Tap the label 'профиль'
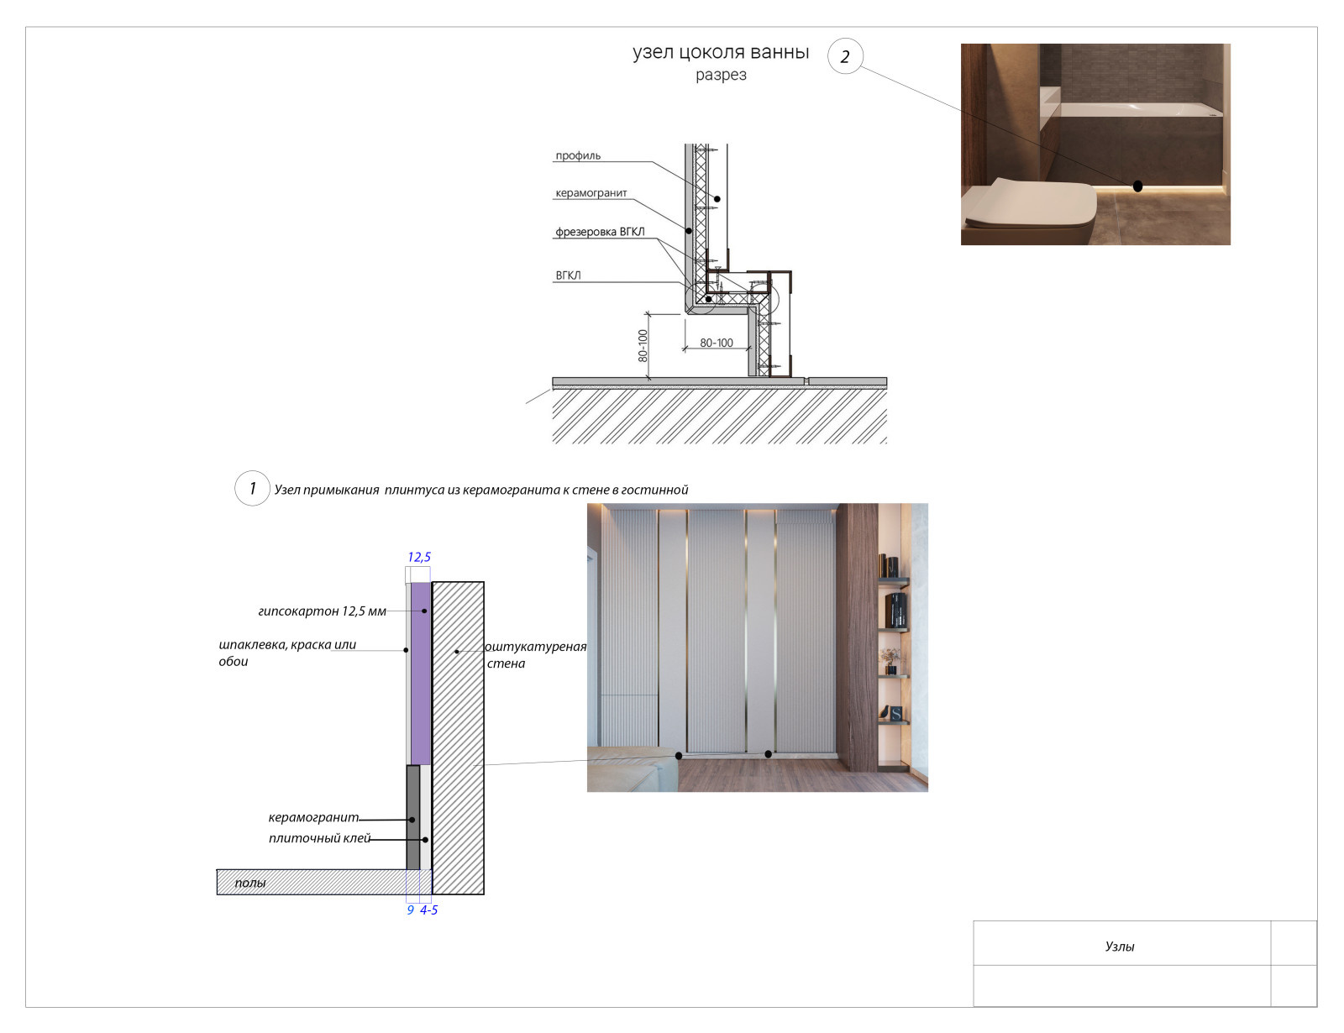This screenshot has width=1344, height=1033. click(x=578, y=155)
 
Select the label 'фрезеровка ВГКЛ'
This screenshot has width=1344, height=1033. click(x=600, y=232)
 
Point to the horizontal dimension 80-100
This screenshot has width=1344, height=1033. click(x=717, y=343)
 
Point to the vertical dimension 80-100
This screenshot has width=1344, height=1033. click(x=643, y=345)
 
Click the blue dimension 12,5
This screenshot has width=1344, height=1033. click(x=418, y=557)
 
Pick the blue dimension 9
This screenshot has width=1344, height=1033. click(x=410, y=910)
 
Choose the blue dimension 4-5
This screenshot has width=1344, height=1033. click(x=428, y=910)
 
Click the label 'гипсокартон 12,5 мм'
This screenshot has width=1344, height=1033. click(x=323, y=611)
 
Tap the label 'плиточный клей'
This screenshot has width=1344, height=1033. click(x=320, y=838)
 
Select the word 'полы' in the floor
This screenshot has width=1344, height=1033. click(x=249, y=883)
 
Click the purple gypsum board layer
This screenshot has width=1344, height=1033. click(x=421, y=674)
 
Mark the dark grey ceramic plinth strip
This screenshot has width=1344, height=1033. click(x=412, y=817)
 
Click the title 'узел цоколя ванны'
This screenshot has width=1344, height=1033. click(x=721, y=52)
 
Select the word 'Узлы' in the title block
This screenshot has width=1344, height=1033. click(x=1120, y=946)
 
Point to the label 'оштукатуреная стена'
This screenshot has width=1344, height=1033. click(x=536, y=655)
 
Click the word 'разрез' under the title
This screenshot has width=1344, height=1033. click(x=721, y=75)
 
